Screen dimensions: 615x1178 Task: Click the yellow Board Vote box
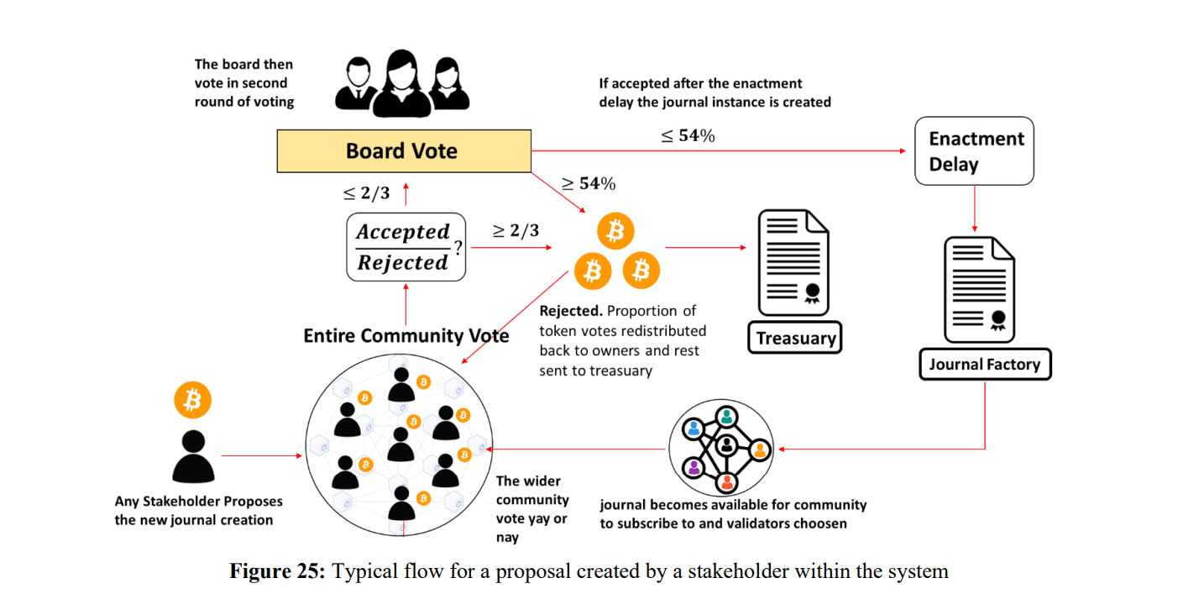pyautogui.click(x=403, y=151)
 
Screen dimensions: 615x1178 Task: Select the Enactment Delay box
pyautogui.click(x=974, y=151)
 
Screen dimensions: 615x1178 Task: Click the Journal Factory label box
pyautogui.click(x=983, y=365)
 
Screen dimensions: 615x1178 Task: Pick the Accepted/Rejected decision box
pyautogui.click(x=406, y=247)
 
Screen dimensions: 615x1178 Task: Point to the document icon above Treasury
pyautogui.click(x=793, y=262)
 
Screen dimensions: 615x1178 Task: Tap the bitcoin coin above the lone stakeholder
pyautogui.click(x=192, y=401)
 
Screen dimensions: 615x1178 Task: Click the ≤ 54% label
pyautogui.click(x=688, y=136)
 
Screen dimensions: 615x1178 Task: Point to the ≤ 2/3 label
pyautogui.click(x=366, y=194)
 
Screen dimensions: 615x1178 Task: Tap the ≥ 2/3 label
pyautogui.click(x=516, y=231)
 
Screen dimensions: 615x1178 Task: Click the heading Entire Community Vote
pyautogui.click(x=406, y=336)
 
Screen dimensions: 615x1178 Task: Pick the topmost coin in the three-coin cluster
pyautogui.click(x=615, y=230)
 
